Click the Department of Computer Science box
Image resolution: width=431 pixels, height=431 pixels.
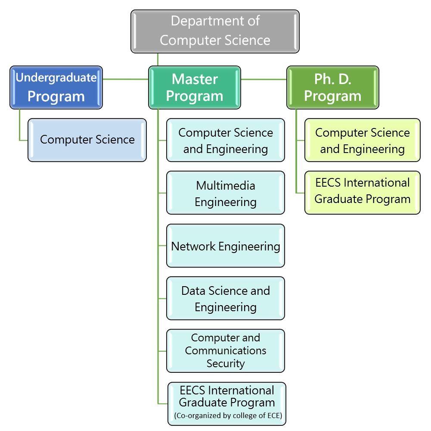(215, 31)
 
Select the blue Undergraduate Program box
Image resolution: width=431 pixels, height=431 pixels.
(56, 87)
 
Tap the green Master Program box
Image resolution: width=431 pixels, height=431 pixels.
(195, 87)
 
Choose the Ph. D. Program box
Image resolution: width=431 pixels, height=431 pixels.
(333, 87)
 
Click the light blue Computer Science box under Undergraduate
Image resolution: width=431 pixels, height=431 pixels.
(87, 140)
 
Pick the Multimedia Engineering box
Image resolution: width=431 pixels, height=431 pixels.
(226, 193)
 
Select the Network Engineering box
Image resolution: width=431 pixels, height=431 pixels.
(226, 246)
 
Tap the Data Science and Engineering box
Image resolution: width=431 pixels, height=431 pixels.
(226, 298)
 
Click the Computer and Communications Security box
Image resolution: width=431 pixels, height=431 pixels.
(226, 351)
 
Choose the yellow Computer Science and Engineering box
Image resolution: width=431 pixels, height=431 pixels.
(363, 140)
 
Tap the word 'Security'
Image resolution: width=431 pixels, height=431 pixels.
(226, 363)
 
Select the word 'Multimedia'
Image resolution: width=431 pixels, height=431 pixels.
(226, 186)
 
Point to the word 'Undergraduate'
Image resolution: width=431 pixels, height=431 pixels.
(56, 78)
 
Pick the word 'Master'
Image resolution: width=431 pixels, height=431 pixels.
(195, 79)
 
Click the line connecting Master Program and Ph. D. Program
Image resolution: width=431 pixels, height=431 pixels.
(264, 79)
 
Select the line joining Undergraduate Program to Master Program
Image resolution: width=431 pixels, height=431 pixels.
(126, 79)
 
